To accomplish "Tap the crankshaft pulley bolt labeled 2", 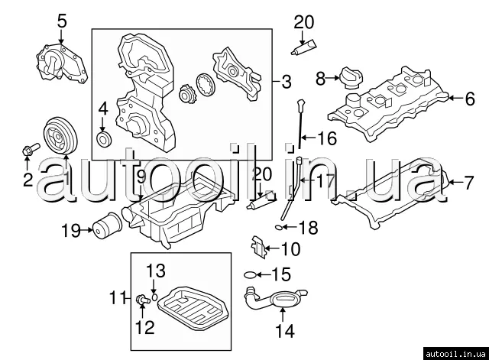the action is tap(31, 149).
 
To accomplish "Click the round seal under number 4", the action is tap(104, 139).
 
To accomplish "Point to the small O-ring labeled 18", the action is tap(279, 228).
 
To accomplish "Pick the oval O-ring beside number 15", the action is tap(250, 275).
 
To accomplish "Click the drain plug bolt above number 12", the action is tap(142, 300).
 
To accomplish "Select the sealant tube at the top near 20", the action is tap(303, 48).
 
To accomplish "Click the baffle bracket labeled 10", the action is tap(258, 247).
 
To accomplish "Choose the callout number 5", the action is tap(62, 21).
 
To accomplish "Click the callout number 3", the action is tap(286, 82).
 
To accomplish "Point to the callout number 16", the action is tap(327, 138).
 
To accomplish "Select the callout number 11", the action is tap(118, 297).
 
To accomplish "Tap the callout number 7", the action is tap(468, 183).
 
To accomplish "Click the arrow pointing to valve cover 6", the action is tap(456, 98).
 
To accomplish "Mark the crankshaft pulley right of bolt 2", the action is tap(60, 135).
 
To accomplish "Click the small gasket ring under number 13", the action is tap(154, 297).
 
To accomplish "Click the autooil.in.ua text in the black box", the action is tap(455, 354).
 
